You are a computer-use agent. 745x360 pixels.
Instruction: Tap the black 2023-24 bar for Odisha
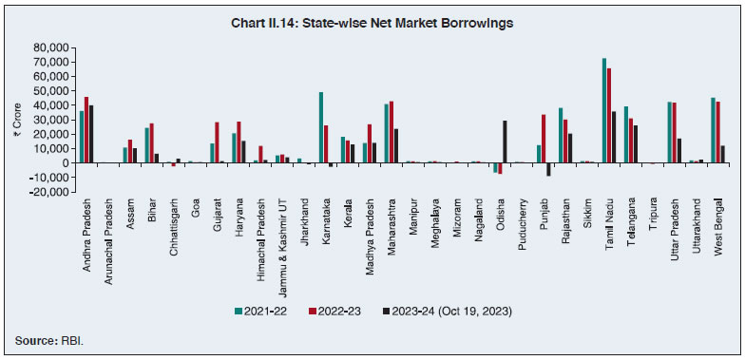click(504, 142)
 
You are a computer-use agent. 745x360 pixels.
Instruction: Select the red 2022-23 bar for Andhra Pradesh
click(86, 129)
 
